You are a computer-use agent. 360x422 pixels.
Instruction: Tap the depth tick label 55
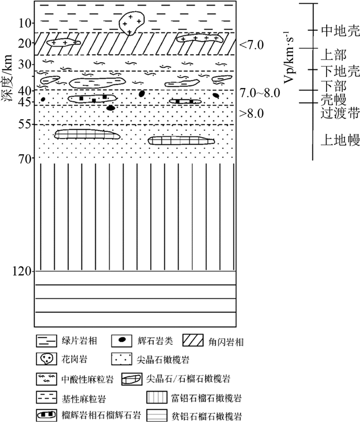point(24,125)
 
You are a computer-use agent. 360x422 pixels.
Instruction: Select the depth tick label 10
point(24,23)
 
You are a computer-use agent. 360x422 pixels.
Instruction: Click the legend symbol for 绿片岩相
point(47,340)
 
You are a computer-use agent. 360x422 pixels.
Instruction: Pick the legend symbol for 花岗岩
point(47,359)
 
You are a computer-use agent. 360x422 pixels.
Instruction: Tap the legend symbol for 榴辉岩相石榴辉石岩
point(47,414)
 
